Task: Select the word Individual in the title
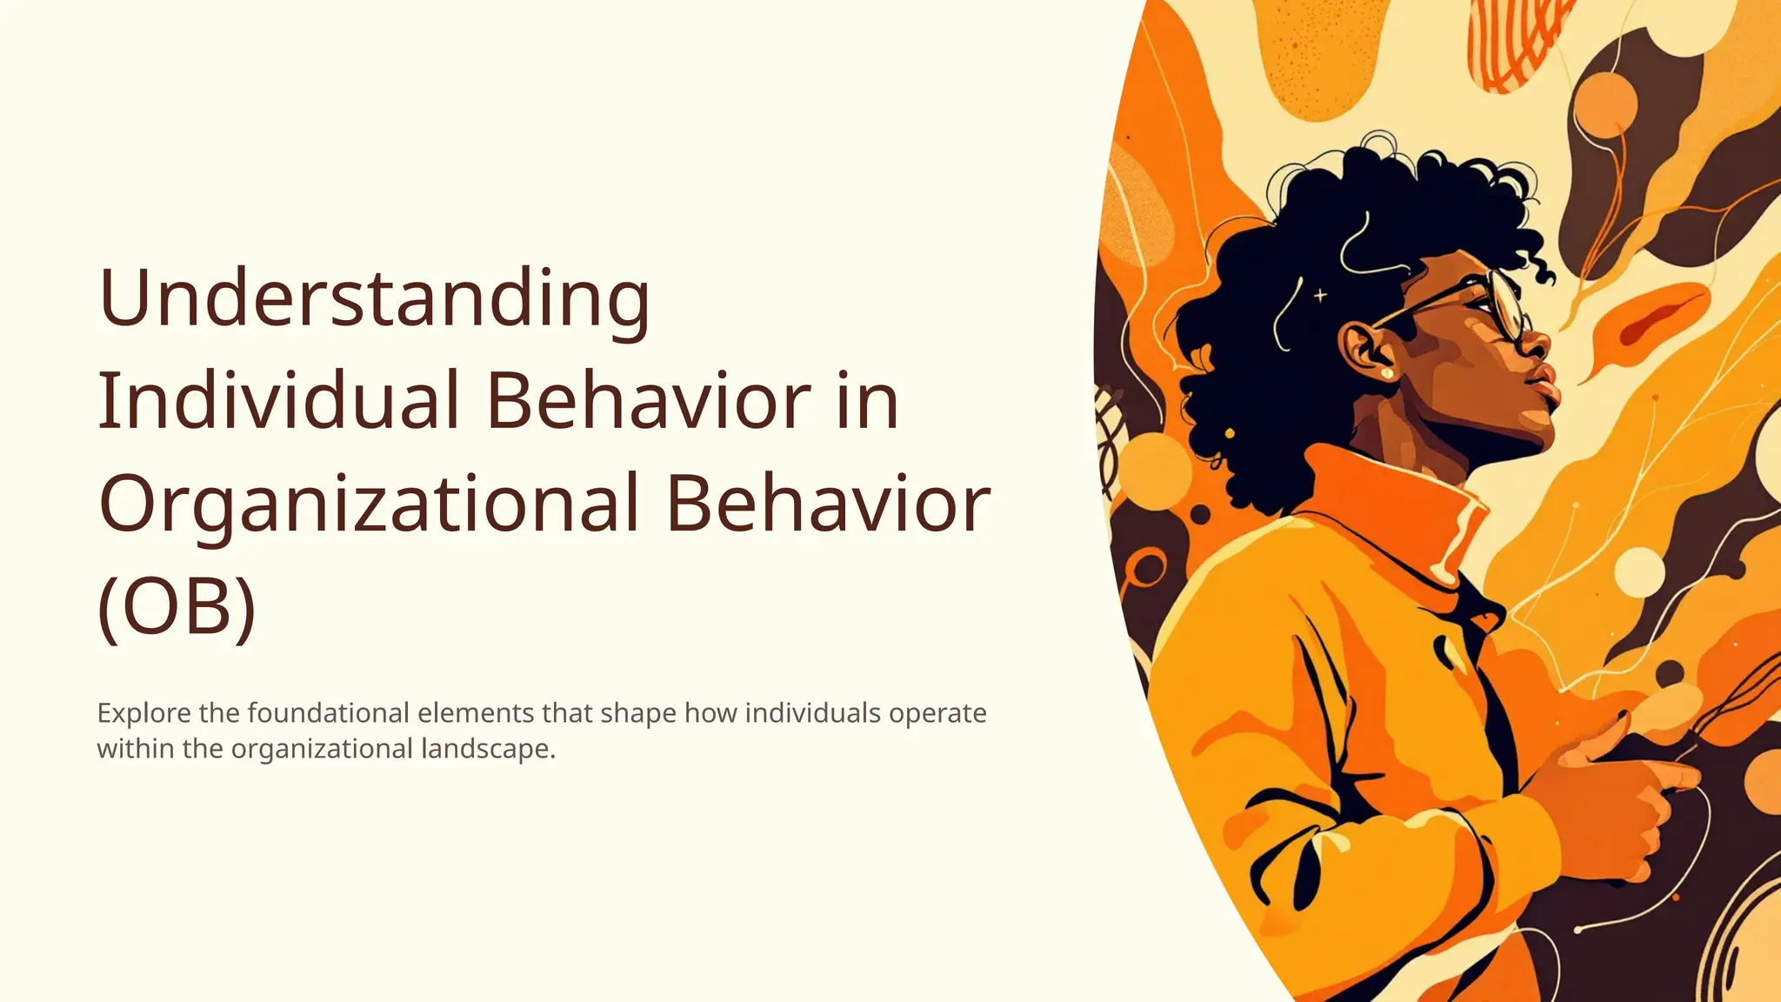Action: [278, 401]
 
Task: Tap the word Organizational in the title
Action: [370, 504]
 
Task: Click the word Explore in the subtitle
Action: [143, 713]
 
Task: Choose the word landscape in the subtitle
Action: [488, 749]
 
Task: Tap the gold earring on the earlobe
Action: [1386, 374]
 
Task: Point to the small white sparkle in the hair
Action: [1320, 296]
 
